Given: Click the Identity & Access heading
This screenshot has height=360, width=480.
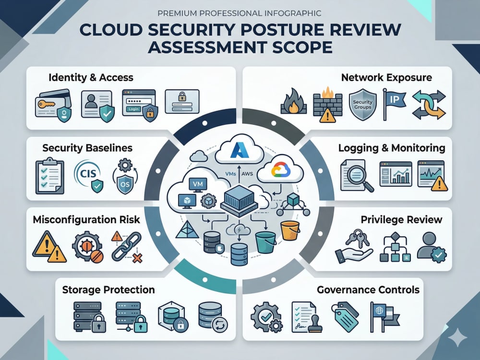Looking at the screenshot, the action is point(91,77).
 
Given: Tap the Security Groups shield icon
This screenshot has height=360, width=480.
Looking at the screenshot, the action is point(362,105).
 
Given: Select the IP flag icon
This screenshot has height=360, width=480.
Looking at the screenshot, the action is point(394,104).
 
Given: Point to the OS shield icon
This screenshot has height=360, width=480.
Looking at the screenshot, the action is point(125,176).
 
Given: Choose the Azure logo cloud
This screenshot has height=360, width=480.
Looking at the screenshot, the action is point(240,149).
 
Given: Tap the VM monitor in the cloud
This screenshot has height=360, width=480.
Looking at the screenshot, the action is point(198,185).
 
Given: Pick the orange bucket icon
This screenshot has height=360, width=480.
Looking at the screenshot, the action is point(289,230).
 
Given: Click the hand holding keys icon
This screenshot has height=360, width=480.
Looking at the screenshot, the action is point(354,247).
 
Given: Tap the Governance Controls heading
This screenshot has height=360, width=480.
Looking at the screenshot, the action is point(368,289).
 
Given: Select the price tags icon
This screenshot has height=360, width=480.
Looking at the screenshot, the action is point(345,317).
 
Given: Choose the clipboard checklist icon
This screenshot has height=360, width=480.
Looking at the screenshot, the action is point(50,176).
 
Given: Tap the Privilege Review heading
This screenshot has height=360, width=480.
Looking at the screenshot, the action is point(401,219).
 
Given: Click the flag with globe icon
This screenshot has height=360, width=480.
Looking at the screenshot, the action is point(385,317).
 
